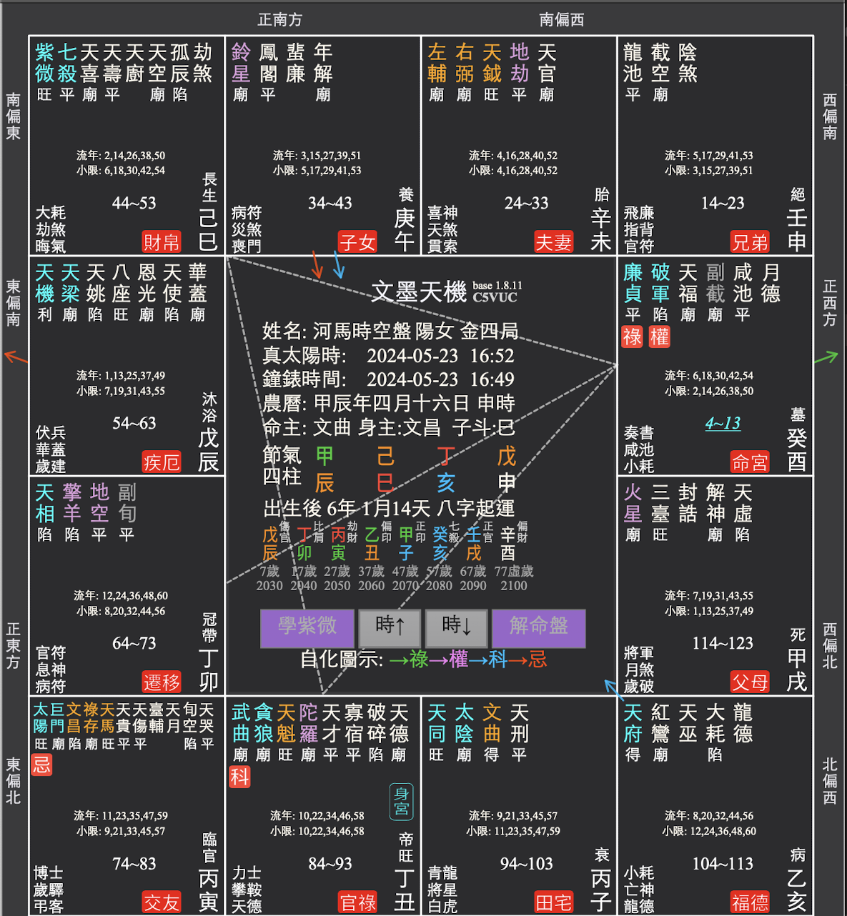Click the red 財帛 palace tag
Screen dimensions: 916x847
[162, 242]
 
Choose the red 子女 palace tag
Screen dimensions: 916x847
[357, 242]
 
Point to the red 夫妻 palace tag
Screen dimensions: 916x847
[553, 242]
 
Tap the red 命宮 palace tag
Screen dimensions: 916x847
[749, 462]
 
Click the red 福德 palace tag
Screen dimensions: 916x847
[749, 902]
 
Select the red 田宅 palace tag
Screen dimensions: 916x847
[553, 902]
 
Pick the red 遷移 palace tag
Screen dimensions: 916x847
[162, 682]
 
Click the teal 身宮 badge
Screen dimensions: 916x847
[401, 802]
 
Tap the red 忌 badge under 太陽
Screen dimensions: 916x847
[42, 765]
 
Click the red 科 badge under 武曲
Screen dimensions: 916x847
[239, 777]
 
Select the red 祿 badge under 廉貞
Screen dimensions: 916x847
[633, 337]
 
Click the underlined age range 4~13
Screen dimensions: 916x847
[723, 423]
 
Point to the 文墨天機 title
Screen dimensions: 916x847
[419, 292]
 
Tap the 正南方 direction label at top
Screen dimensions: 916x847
[279, 19]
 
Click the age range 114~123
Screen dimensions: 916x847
[723, 643]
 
